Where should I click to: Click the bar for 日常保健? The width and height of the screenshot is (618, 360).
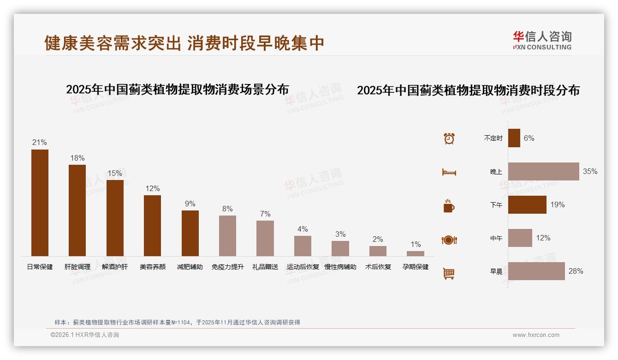coord(40,203)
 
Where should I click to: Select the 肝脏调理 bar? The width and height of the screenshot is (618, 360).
coord(77,210)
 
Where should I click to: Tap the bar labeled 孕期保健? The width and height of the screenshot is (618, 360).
coord(416,253)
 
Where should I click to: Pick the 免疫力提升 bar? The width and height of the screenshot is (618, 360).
coord(227,236)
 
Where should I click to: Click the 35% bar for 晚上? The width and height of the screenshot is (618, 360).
coord(543,171)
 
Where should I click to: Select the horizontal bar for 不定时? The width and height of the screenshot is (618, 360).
coord(514,138)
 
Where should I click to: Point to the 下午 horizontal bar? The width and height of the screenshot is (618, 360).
coord(527,204)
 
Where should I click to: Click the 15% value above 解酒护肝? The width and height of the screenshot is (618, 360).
coord(115,173)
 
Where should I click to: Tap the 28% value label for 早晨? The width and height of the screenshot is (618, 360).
coord(576,271)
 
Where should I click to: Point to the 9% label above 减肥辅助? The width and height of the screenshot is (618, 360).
coord(190,204)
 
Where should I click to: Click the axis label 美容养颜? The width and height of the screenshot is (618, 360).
coord(153,267)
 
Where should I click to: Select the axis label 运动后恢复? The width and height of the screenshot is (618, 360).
coord(303,267)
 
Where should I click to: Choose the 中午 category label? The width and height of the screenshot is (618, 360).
coord(496,238)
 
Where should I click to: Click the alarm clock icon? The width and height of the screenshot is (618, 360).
coord(449,138)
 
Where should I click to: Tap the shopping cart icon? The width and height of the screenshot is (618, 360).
coord(449,273)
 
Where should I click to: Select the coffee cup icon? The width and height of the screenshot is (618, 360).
coord(449,206)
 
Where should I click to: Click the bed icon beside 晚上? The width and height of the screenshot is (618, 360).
coord(449,172)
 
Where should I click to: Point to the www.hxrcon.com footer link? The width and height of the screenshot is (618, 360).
coord(536,335)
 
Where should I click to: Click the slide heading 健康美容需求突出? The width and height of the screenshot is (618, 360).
coord(113,43)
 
